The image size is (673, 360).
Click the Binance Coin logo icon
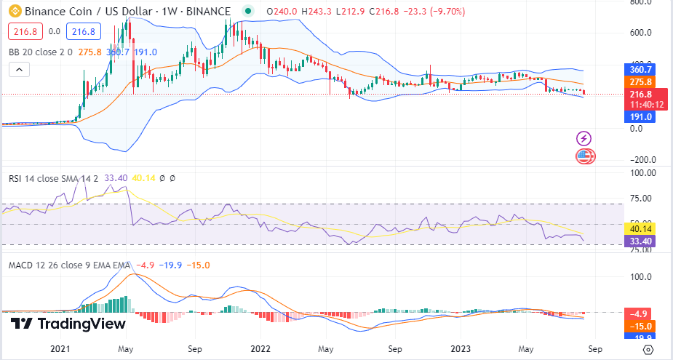coord(14,12)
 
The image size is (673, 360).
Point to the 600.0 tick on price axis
coord(640,33)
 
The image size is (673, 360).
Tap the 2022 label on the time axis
coord(261,349)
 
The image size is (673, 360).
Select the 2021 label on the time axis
coord(60,349)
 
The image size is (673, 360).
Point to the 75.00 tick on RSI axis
coord(640,198)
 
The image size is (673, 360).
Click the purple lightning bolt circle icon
coord(584,138)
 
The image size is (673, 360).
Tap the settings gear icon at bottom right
coord(648,349)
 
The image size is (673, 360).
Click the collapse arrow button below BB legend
coord(20,70)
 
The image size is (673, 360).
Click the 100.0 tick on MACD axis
coord(640,277)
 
